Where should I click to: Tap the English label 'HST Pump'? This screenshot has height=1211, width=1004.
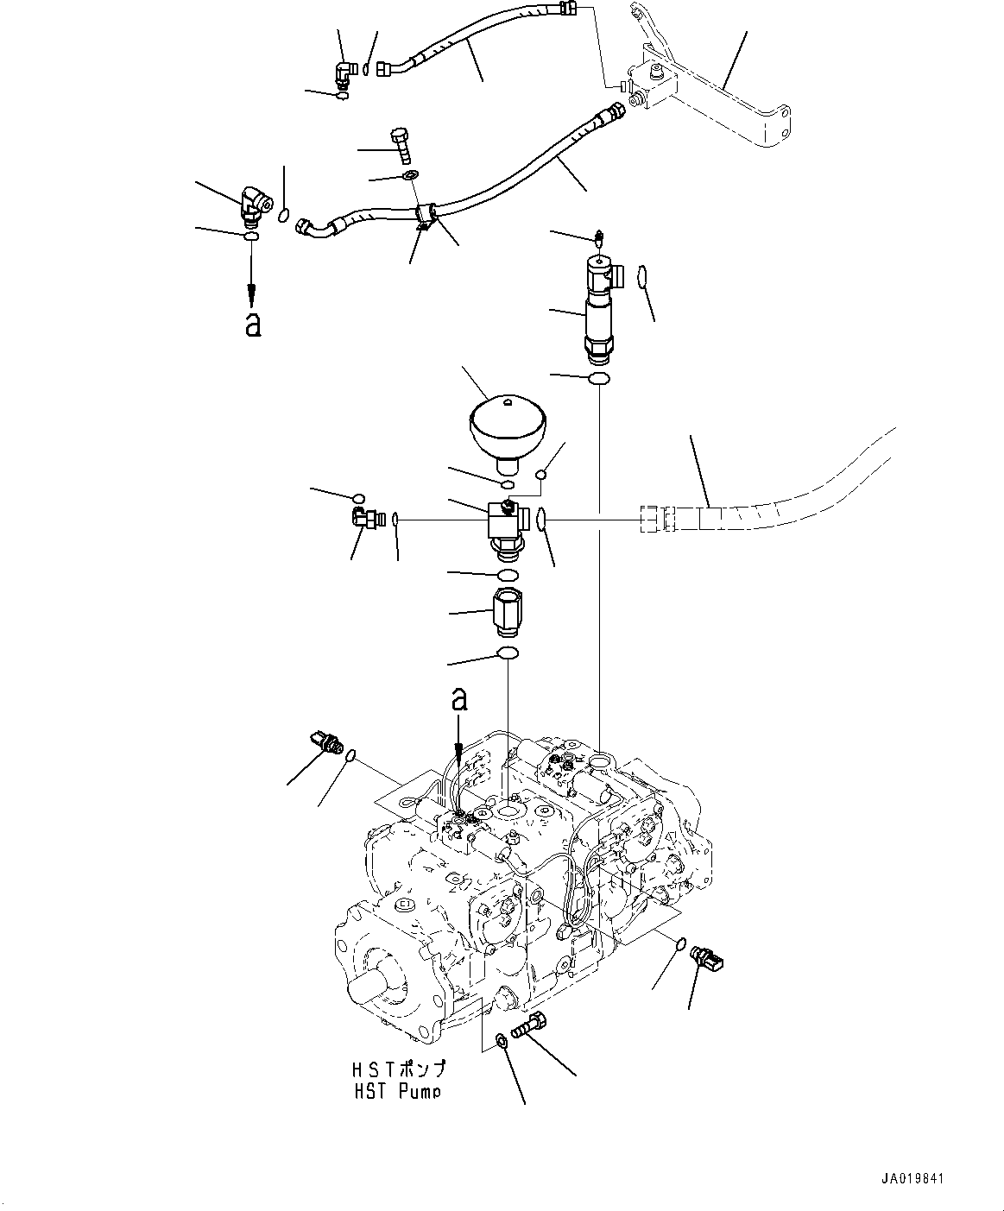[396, 1091]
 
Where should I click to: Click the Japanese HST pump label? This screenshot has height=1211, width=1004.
[398, 1070]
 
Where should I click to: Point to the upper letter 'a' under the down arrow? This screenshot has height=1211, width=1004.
[252, 325]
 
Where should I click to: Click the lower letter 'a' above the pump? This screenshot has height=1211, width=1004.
[460, 698]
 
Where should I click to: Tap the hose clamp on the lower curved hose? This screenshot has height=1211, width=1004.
[423, 216]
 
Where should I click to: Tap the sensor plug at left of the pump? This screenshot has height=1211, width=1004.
[325, 741]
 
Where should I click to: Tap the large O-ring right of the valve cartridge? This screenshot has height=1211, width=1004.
[642, 277]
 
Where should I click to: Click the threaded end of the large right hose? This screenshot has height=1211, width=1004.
[657, 520]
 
